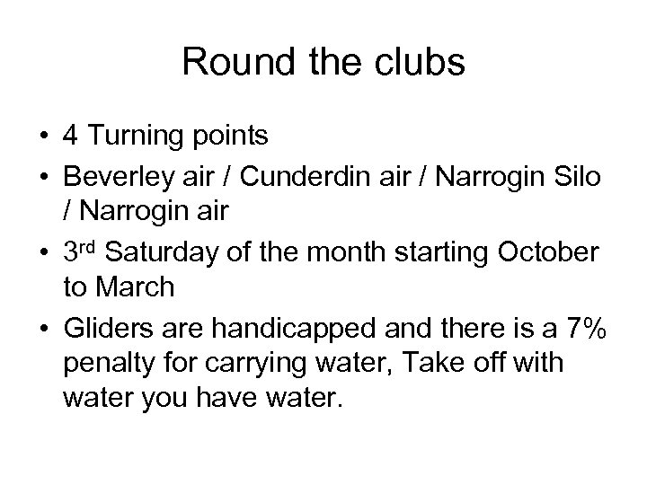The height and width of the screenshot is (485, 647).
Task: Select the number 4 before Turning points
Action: coord(71,136)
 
